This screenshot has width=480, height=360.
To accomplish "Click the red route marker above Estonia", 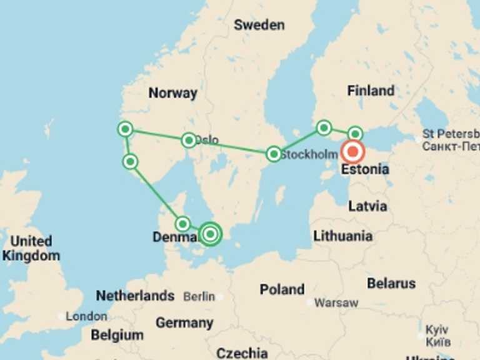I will (353, 152).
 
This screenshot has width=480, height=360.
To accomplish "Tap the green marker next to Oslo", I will (189, 141).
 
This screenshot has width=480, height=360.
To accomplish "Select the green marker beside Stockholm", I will (273, 154).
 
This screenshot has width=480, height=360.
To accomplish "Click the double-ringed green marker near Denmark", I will (211, 234).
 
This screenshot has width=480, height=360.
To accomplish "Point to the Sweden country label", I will (259, 25).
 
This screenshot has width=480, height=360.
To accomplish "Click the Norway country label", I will (172, 93).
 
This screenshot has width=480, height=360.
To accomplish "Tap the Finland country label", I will (371, 91).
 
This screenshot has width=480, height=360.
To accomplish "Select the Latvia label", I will (367, 206).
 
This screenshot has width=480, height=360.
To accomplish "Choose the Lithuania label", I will (342, 236).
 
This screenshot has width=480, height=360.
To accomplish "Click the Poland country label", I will (282, 289).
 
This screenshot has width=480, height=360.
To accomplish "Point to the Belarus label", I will (391, 283).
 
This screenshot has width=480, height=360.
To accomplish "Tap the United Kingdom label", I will (31, 248).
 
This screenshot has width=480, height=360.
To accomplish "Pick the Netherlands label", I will (135, 296).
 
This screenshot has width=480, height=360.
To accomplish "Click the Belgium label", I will (117, 335).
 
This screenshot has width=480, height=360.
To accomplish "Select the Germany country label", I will (184, 323).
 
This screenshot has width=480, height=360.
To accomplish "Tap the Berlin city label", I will (199, 297).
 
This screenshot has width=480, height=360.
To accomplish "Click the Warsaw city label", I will (336, 303).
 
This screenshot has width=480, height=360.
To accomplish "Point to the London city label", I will (86, 316).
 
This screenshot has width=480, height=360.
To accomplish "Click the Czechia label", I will (242, 353).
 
